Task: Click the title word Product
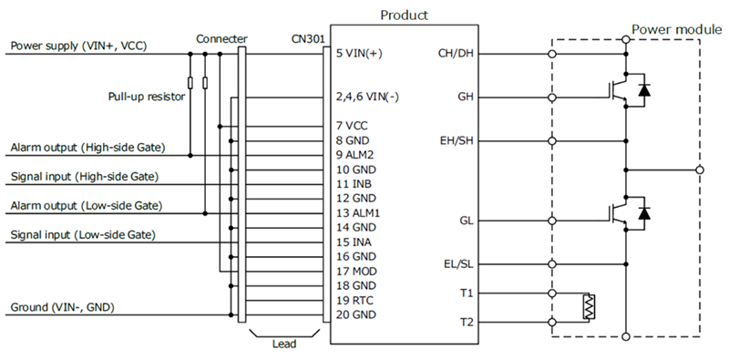coord(403,15)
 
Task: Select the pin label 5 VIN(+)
coord(358,53)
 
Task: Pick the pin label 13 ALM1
coord(358,212)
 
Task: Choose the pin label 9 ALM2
coord(355,155)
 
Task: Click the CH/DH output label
coord(455,53)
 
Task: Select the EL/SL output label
coord(457,264)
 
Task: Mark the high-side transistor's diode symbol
coord(645,91)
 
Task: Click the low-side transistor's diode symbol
coord(645,212)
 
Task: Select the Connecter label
coord(221,39)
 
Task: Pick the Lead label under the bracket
coord(285,345)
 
